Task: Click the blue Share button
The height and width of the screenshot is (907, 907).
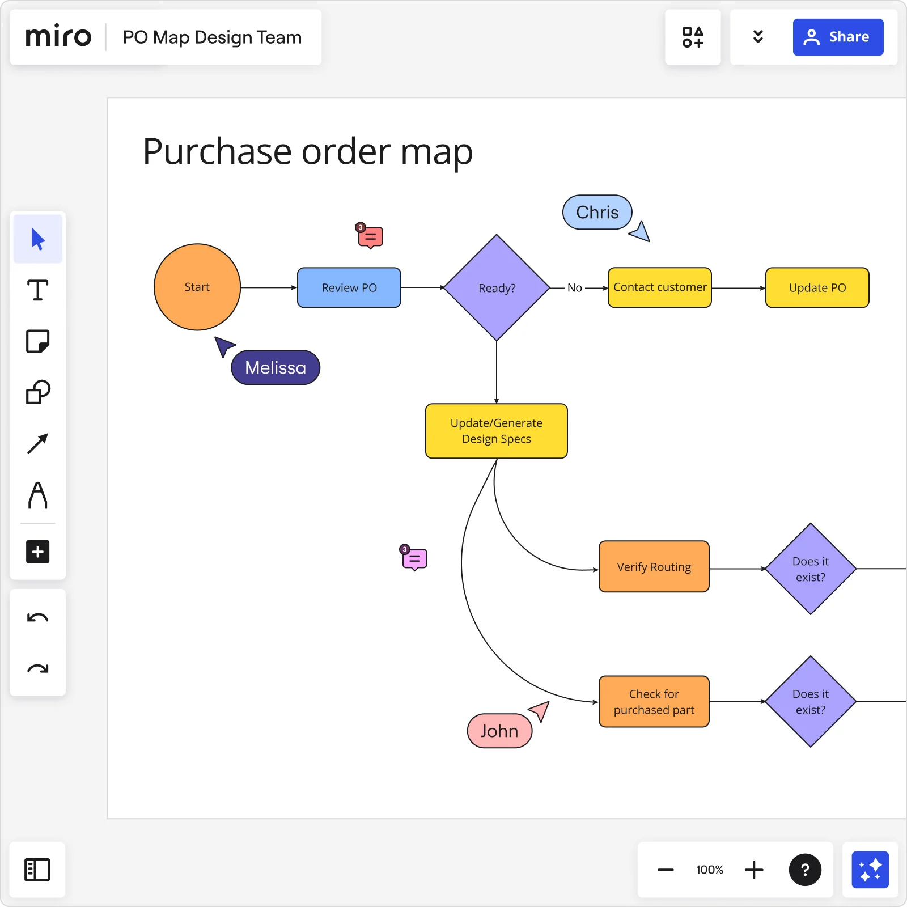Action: pyautogui.click(x=837, y=37)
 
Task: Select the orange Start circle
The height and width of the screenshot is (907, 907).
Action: pyautogui.click(x=197, y=287)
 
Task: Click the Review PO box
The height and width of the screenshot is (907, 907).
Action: pyautogui.click(x=349, y=287)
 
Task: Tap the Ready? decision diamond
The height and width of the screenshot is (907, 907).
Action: pyautogui.click(x=497, y=287)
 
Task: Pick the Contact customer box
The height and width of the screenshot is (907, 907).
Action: pyautogui.click(x=659, y=287)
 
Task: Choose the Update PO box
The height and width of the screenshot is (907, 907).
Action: pyautogui.click(x=817, y=287)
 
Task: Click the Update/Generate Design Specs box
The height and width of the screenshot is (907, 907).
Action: pyautogui.click(x=496, y=431)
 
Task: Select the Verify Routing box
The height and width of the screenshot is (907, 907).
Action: pyautogui.click(x=654, y=567)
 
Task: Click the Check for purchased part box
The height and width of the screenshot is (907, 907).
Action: pyautogui.click(x=654, y=702)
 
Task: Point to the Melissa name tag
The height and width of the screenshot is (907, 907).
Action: pyautogui.click(x=276, y=368)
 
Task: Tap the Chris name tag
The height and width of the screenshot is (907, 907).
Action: pyautogui.click(x=597, y=212)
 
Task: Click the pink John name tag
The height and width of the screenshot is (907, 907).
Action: pyautogui.click(x=499, y=731)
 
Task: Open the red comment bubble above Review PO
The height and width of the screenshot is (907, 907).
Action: pyautogui.click(x=371, y=237)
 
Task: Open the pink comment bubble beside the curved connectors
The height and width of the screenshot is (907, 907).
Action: pyautogui.click(x=415, y=559)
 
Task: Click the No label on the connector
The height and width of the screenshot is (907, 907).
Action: pyautogui.click(x=574, y=288)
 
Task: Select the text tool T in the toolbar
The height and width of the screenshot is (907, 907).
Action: pyautogui.click(x=38, y=290)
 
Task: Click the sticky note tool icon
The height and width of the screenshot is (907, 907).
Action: pyautogui.click(x=38, y=341)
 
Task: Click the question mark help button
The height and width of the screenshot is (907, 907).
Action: pyautogui.click(x=805, y=870)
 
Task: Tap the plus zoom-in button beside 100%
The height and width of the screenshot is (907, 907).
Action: pyautogui.click(x=754, y=870)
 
